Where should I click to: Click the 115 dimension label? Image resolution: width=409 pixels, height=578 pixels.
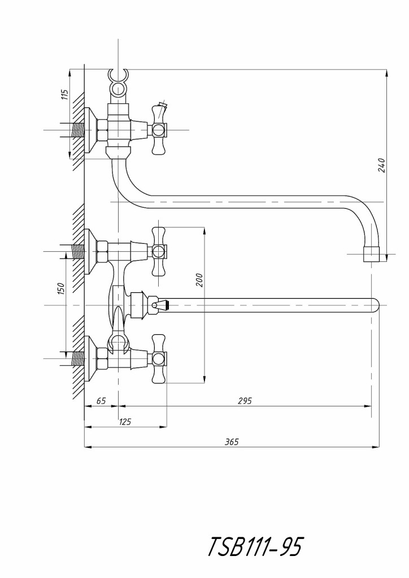(x=64, y=94)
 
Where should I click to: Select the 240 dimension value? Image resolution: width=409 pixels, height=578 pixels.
(x=382, y=165)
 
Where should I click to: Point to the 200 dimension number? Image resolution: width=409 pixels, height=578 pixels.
(x=199, y=279)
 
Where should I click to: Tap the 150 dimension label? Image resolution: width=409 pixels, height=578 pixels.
(x=62, y=288)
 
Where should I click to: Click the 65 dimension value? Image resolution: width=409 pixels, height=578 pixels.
(x=101, y=401)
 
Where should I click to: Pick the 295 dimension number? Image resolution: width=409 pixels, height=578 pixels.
(x=244, y=401)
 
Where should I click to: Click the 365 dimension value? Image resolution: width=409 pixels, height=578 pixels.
(x=231, y=442)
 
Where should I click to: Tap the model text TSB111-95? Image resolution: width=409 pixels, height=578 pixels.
(x=256, y=546)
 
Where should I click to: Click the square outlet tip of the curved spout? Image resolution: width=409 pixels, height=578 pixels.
(x=372, y=255)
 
